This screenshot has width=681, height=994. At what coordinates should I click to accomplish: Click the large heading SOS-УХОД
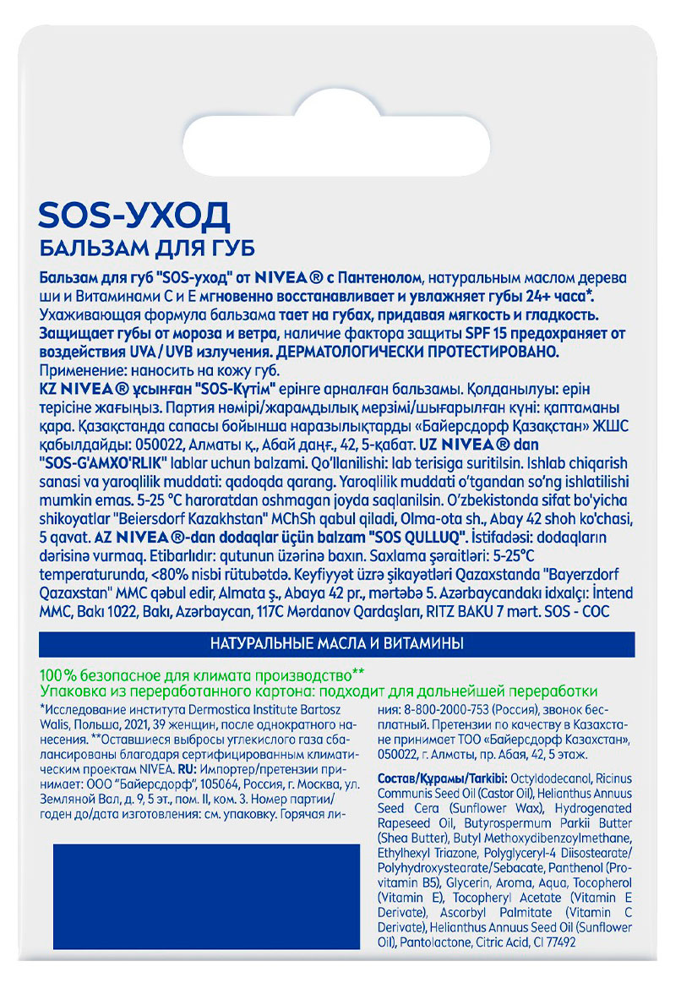134,216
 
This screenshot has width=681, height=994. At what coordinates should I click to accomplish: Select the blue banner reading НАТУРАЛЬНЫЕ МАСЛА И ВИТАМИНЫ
336,644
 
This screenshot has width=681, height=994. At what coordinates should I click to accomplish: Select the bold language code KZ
49,390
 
